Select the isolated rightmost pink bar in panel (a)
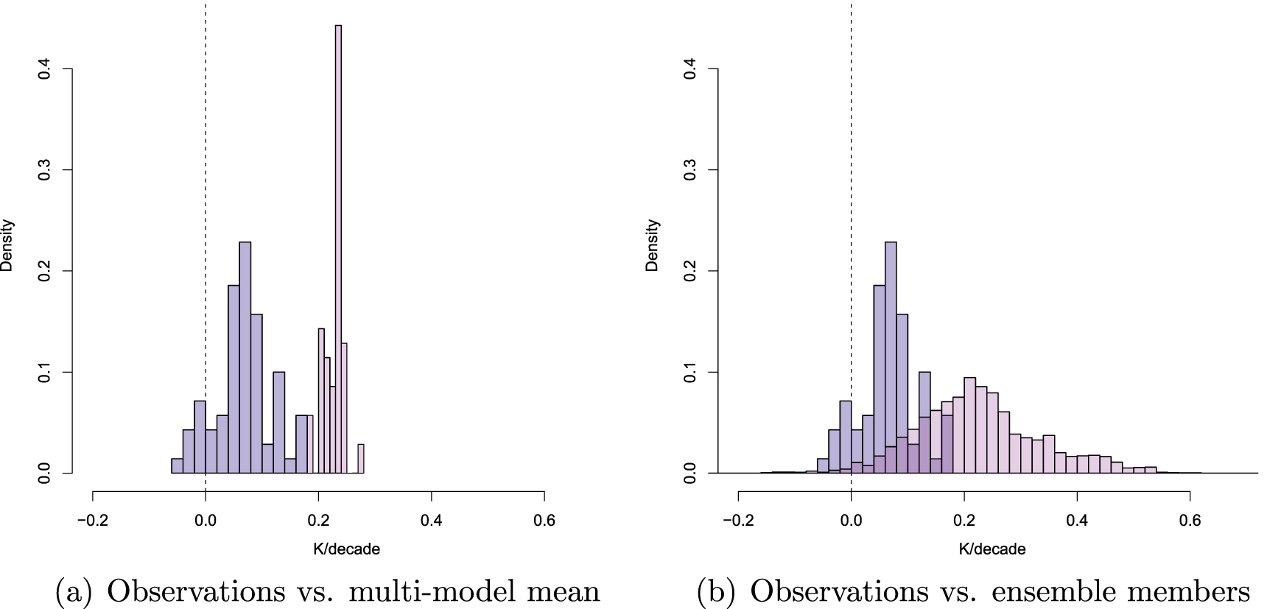[x=361, y=459]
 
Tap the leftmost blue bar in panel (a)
[x=177, y=465]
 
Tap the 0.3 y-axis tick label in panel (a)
[x=45, y=170]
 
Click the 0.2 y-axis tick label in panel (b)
[x=691, y=271]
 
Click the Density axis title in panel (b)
[x=653, y=245]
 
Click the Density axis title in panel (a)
[x=7, y=245]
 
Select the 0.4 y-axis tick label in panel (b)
[x=691, y=69]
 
